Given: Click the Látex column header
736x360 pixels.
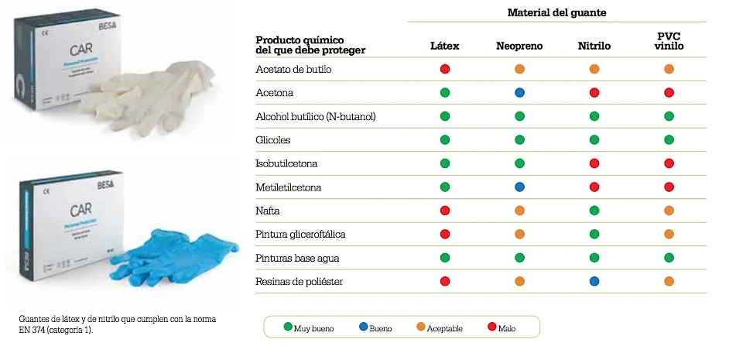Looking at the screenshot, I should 444,46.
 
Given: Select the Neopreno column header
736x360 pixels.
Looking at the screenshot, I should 519,46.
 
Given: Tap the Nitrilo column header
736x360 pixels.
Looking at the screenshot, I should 594,46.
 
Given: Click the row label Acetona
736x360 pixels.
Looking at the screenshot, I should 274,93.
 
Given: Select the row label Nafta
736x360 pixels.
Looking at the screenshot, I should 268,211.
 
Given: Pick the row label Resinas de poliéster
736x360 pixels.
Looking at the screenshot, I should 299,281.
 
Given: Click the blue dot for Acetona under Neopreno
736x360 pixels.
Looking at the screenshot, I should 519,93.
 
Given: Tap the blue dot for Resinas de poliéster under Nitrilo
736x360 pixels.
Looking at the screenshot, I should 594,281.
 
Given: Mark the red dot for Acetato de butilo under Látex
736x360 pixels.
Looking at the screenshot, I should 445,69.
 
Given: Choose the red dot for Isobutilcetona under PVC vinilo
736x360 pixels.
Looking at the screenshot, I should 669,163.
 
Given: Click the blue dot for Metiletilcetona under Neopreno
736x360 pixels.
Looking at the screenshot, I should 519,187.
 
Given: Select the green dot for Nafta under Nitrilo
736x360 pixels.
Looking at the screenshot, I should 594,211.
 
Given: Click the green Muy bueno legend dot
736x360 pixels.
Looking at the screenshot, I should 287,327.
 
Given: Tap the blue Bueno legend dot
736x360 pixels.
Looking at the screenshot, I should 363,327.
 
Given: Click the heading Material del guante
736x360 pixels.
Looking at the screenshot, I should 556,12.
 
